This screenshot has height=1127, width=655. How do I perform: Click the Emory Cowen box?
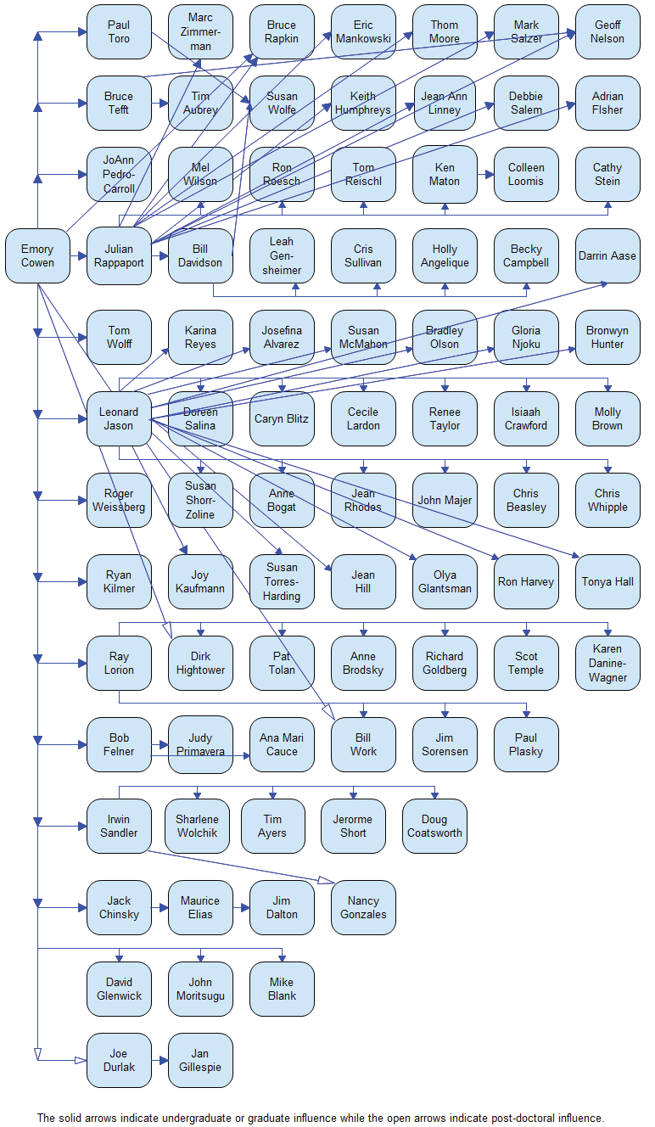[37, 255]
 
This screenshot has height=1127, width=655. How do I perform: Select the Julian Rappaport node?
[119, 255]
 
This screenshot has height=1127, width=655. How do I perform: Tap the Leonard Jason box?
[119, 418]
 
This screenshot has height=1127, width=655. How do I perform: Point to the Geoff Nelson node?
[607, 31]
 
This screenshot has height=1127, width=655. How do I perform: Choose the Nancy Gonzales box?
[363, 907]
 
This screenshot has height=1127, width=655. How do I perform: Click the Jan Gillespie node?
[200, 1060]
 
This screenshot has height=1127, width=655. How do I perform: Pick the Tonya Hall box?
[607, 581]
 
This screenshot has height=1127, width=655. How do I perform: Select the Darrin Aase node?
[607, 255]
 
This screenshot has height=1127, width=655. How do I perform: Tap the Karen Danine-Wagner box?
[607, 663]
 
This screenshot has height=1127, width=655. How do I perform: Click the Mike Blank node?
[282, 989]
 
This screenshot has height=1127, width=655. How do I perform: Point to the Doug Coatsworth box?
[434, 826]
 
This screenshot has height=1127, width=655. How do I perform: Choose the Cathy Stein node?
[607, 174]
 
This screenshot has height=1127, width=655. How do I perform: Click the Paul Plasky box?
[526, 744]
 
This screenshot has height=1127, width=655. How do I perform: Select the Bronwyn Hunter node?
[607, 337]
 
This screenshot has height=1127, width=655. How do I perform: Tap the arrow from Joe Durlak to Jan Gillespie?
[160, 1060]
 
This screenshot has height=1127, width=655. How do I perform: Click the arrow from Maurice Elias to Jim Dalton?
[241, 907]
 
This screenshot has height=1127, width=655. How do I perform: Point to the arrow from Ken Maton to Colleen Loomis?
[485, 174]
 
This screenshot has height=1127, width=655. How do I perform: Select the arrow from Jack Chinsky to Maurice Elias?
[160, 907]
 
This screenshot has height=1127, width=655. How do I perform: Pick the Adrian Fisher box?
[607, 103]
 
